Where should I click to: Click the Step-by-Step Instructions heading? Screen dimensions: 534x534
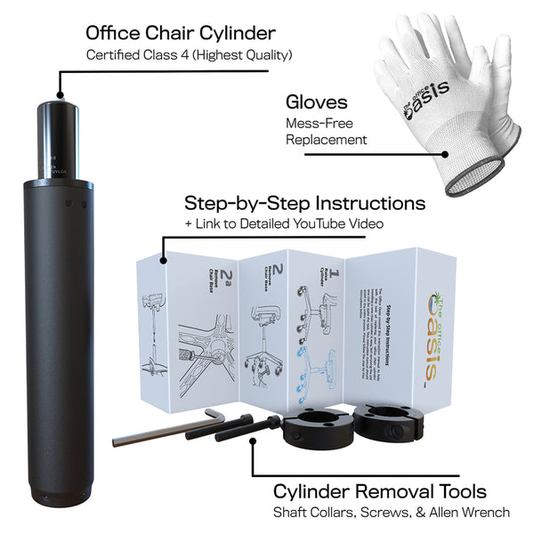click(x=304, y=202)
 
